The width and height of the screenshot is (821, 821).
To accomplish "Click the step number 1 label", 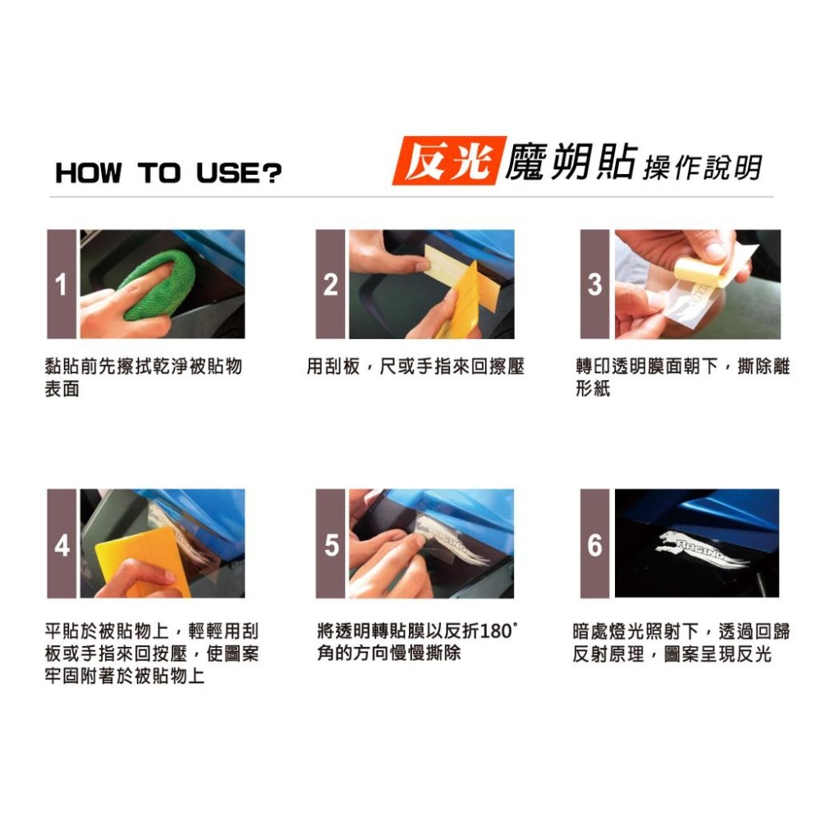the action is (x=62, y=284).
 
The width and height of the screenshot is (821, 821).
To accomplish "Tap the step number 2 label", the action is (x=330, y=284).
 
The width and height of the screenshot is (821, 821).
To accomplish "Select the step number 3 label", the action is (x=594, y=284).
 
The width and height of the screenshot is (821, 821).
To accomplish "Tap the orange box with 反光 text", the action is (x=449, y=161).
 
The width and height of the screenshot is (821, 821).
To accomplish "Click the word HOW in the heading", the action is (x=89, y=172).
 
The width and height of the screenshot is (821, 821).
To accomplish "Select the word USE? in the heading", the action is (x=239, y=172).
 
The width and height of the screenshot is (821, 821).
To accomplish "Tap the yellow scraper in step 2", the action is (x=461, y=299).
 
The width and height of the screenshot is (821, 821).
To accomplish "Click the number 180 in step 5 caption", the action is (x=495, y=631).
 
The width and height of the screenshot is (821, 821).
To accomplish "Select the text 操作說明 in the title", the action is (x=703, y=167).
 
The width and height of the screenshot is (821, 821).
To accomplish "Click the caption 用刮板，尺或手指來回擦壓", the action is (x=415, y=366).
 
